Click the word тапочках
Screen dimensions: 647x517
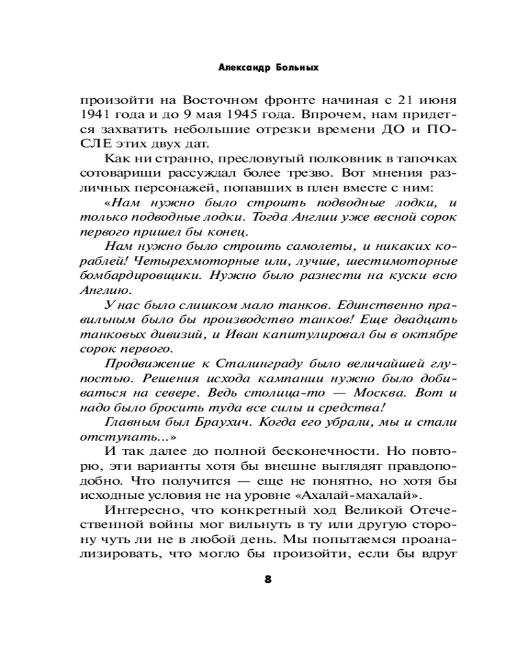point(429,159)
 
